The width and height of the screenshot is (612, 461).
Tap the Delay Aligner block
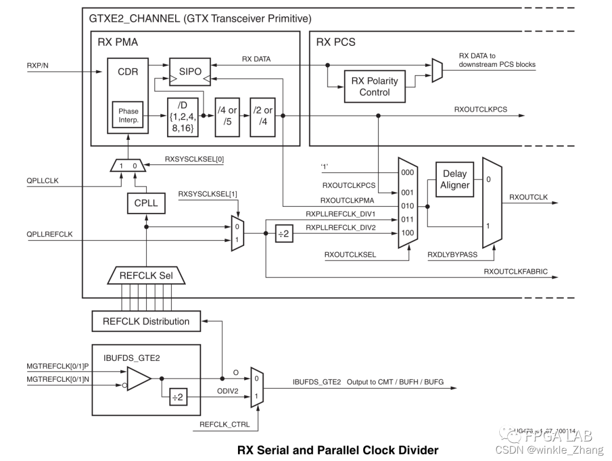point(454,180)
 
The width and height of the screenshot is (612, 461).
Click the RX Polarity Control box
point(375,86)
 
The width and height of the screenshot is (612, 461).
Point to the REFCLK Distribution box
point(146,321)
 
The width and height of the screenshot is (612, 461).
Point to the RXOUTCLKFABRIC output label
point(516,272)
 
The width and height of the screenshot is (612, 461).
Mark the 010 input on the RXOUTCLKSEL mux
point(407,206)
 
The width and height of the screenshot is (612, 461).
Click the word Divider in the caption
point(417,451)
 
